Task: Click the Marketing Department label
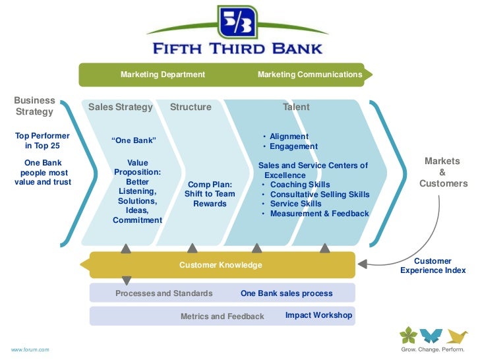[163, 75]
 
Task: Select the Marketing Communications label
[310, 75]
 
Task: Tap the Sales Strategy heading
[121, 107]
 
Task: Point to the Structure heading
[191, 107]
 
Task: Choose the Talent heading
[296, 107]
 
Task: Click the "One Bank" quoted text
[135, 140]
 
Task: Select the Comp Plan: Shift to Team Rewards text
[210, 194]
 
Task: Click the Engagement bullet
[293, 146]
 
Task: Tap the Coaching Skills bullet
[299, 185]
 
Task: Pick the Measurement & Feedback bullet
[319, 214]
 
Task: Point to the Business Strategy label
[34, 106]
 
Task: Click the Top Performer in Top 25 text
[42, 141]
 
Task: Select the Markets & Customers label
[443, 172]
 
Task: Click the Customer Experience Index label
[433, 266]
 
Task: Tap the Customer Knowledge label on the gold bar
[220, 265]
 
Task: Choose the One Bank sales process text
[286, 293]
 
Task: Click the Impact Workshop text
[318, 315]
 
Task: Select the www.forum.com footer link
[30, 349]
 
